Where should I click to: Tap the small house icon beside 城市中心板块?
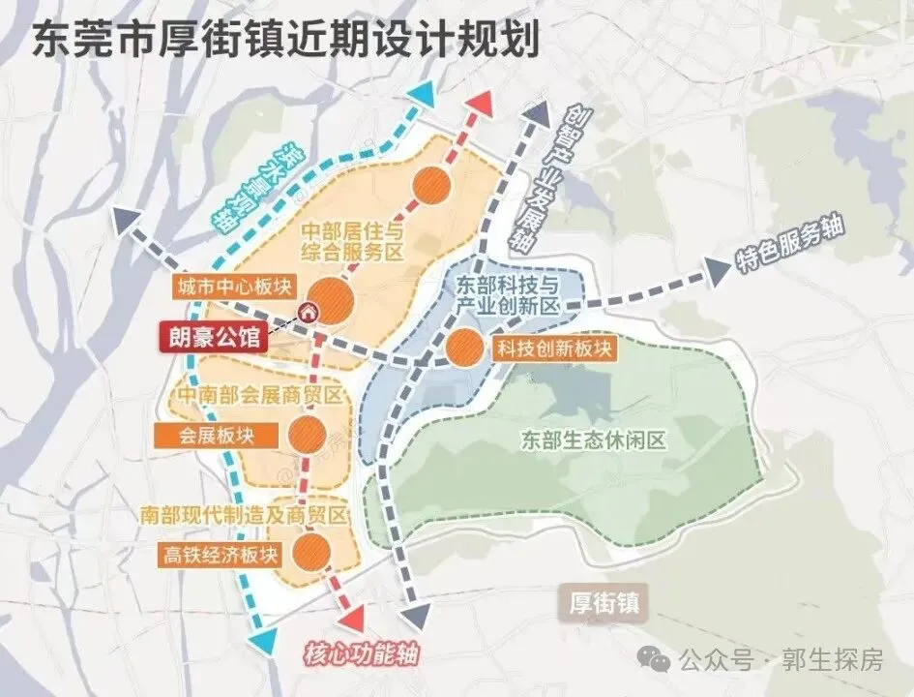(x=308, y=311)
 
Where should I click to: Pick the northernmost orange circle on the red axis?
(x=431, y=183)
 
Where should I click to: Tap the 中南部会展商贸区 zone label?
(x=258, y=395)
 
